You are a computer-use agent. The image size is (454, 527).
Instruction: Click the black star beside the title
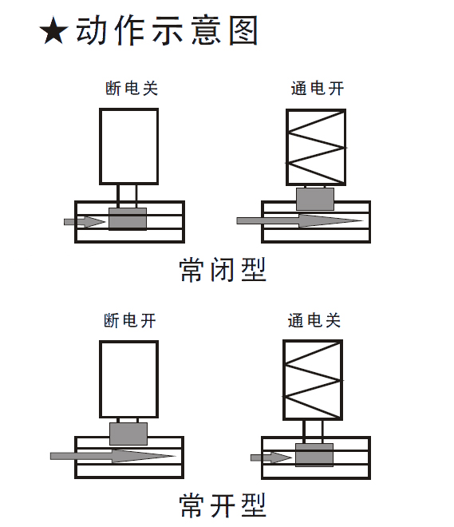tap(53, 31)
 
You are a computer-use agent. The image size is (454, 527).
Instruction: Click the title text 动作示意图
tap(167, 30)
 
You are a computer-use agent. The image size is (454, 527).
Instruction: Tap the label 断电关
tap(132, 89)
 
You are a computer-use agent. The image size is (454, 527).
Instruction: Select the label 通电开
tap(318, 89)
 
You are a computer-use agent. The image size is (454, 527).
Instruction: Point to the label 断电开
tap(130, 320)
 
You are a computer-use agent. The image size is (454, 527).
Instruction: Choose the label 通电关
tap(314, 320)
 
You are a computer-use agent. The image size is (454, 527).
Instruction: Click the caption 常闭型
tap(223, 270)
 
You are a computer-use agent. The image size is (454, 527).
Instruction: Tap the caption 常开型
tap(223, 505)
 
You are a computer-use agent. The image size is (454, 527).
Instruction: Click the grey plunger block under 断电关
tap(128, 219)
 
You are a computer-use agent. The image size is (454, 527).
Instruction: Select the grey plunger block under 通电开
tap(315, 200)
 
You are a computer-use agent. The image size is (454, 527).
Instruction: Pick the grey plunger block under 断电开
tap(128, 434)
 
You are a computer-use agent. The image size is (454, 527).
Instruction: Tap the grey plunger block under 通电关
tap(314, 455)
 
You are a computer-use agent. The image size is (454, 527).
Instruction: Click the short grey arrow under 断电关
tap(85, 222)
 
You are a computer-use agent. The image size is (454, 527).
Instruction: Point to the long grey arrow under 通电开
tap(300, 221)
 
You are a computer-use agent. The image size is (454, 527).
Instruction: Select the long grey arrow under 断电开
tap(113, 456)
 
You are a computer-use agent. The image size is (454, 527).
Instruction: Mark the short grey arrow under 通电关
tap(271, 458)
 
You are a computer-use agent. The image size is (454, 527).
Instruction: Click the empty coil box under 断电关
tap(129, 147)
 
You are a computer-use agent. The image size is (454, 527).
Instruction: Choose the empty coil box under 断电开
tap(129, 379)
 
